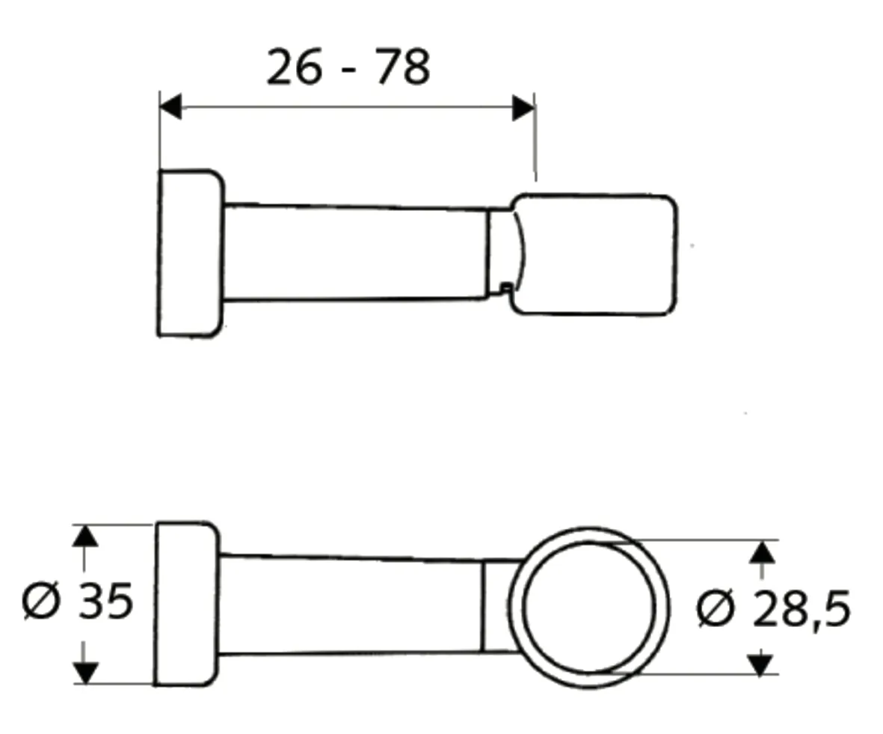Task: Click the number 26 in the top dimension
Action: [294, 67]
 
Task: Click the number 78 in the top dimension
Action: [402, 67]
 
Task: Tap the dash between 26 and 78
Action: [349, 70]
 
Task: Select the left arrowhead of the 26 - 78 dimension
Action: [170, 106]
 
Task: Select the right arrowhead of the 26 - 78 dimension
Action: [523, 108]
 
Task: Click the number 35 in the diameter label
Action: [106, 600]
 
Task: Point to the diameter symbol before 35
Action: [40, 601]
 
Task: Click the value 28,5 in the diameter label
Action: [802, 609]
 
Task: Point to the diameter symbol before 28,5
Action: [716, 609]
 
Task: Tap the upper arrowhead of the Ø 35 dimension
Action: [84, 536]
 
